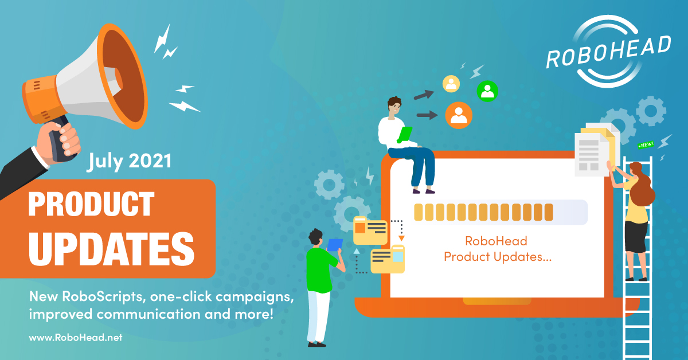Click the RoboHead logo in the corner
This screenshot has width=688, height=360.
tap(609, 51)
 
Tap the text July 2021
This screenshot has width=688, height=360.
tap(129, 161)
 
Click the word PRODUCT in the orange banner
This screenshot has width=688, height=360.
tap(91, 204)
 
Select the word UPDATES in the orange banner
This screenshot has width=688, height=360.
tap(111, 248)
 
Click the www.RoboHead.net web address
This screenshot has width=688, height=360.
tap(76, 338)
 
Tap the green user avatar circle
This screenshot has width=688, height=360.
tap(487, 91)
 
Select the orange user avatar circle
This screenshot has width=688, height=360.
tap(459, 115)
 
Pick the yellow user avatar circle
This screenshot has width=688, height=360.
tap(451, 84)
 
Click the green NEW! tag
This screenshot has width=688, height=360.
tap(646, 145)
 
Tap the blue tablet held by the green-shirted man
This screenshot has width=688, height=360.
tap(334, 245)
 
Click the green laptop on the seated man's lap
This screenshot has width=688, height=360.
tap(405, 135)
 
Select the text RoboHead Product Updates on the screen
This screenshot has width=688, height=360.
tap(498, 249)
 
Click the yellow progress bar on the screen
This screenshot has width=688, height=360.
tap(483, 212)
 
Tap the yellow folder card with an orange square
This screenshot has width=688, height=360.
tap(370, 230)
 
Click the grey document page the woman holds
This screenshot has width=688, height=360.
tap(592, 155)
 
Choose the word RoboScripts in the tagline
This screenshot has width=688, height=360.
tap(102, 297)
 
